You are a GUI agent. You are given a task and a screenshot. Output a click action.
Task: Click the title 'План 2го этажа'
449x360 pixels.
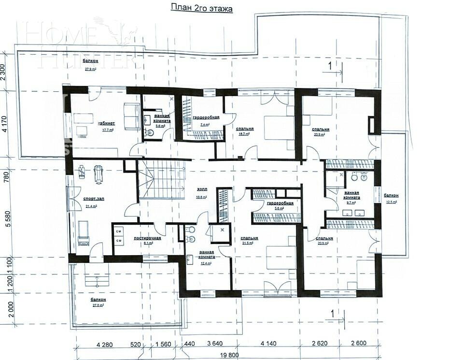[x=202, y=8]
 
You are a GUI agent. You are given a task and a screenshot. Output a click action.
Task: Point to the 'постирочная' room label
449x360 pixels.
[x=147, y=238]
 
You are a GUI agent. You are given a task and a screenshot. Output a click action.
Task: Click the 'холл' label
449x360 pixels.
[x=202, y=190]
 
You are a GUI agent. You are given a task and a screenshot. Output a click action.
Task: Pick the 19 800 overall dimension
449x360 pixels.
[x=230, y=355]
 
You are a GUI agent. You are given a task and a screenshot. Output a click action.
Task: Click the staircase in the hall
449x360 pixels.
[x=162, y=180]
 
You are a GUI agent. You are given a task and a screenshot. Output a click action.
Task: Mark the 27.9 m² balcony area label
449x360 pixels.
[x=90, y=69]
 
